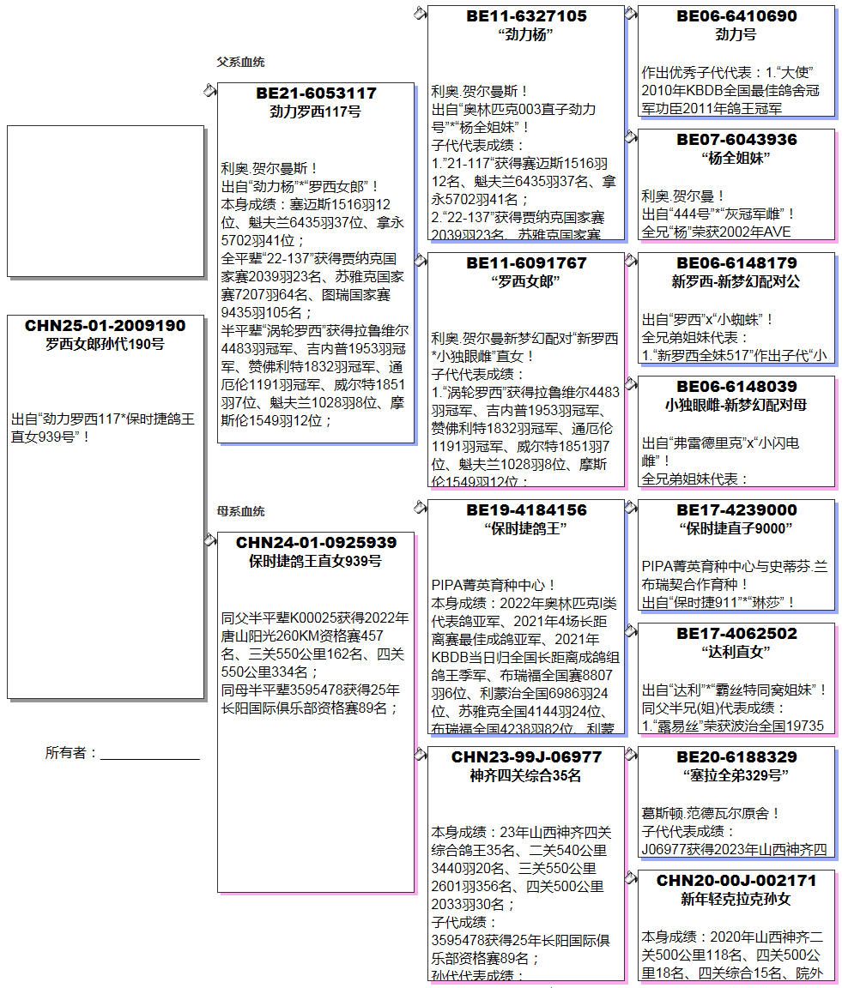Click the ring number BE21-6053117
pos(316,93)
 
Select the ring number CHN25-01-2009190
pos(105,326)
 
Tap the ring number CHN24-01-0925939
pos(316,543)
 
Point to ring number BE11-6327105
pos(526,15)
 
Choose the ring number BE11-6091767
pos(526,262)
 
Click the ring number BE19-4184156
pos(526,509)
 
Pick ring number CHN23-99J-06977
pos(526,756)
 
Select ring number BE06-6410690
pos(736,15)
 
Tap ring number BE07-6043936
pos(736,139)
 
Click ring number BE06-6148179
pos(736,262)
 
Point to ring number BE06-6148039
pos(736,386)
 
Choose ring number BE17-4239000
pos(736,509)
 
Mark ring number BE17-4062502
pos(736,633)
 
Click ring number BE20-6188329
pos(736,756)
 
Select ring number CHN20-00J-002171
pos(736,880)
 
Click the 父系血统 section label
pos(240,62)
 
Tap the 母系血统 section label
pos(240,511)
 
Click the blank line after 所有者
pos(150,755)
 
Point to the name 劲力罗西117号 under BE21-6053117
pos(316,111)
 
